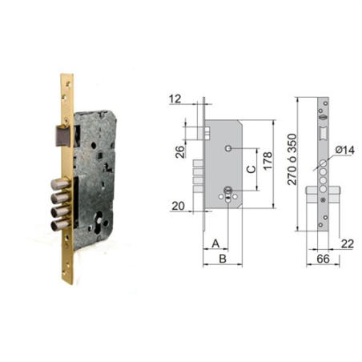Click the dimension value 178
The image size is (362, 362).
[x=267, y=160]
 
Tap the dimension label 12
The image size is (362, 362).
[x=175, y=99]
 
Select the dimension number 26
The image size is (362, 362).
[x=181, y=151]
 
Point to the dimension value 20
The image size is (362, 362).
[x=178, y=206]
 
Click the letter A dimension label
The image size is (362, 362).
[x=215, y=243]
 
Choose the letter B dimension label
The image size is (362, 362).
[x=223, y=259]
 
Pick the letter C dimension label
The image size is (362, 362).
[x=251, y=169]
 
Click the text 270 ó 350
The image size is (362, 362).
[x=292, y=159]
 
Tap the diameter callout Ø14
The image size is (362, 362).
[x=345, y=150]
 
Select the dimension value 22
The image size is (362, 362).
[x=348, y=243]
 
